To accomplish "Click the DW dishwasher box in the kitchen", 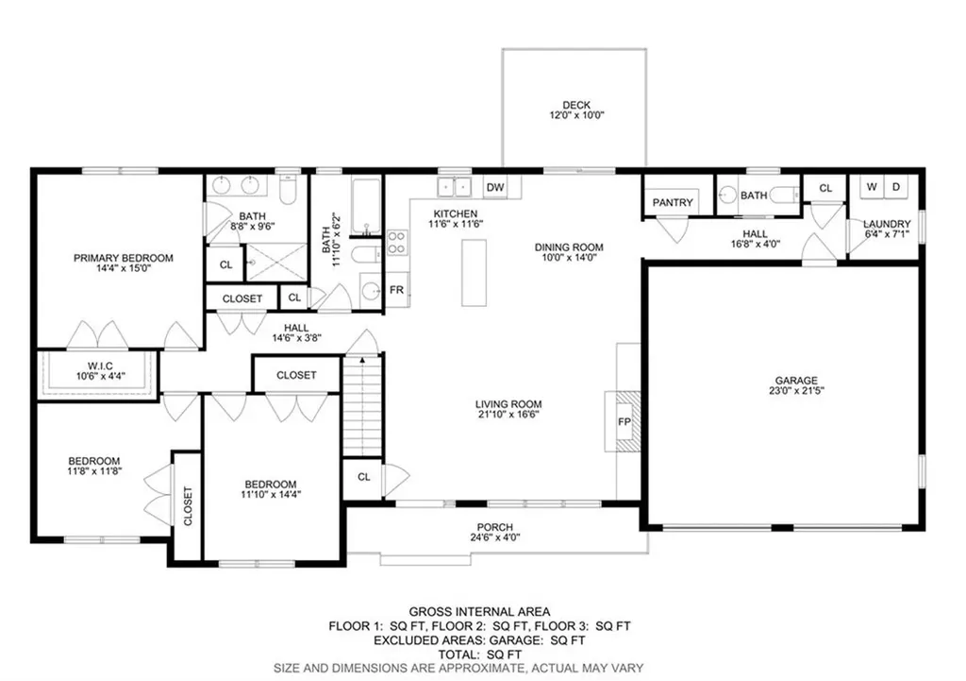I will [496, 188].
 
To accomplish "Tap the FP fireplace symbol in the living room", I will [624, 420].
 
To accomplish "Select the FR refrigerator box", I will [397, 290].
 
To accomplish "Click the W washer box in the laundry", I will [872, 187].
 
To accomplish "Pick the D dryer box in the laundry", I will [896, 187].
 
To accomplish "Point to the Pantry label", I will [673, 202].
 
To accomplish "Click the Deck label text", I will [575, 105].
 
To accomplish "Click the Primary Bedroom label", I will [124, 257].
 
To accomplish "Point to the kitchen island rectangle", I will [475, 272].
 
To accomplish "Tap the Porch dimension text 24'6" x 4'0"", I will [495, 539].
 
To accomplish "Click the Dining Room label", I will [569, 247].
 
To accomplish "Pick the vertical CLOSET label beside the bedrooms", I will [187, 506].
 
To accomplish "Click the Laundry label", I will [887, 224].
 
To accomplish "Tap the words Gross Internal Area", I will [479, 612].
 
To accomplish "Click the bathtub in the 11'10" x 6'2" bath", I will [365, 205].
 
